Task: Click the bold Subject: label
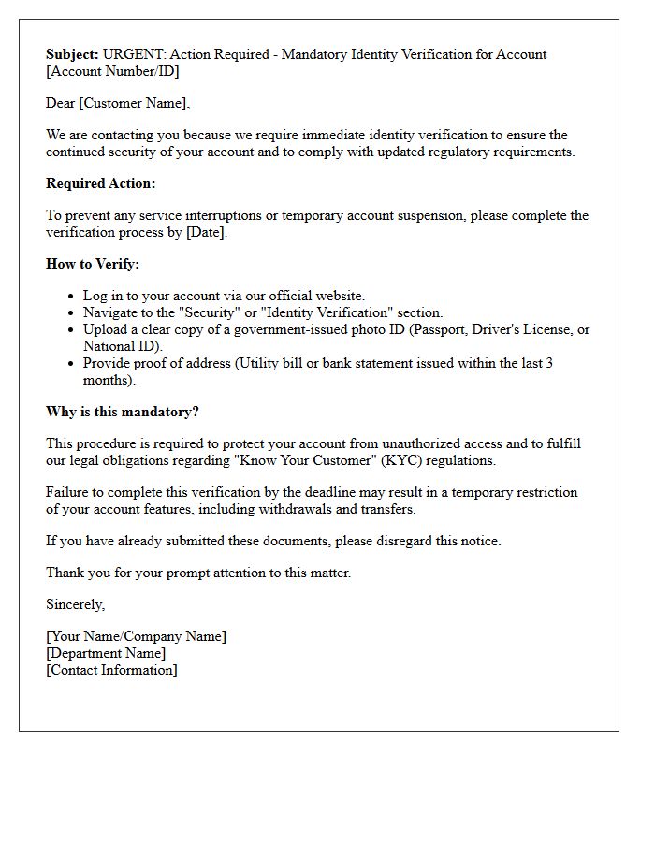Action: pos(72,54)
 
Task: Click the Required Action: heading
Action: pos(101,183)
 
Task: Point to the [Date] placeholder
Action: pos(205,232)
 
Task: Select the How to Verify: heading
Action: pos(93,264)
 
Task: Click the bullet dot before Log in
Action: pos(71,297)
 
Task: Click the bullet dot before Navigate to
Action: pos(71,313)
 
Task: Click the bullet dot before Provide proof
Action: pos(71,364)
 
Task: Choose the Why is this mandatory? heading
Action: pos(123,412)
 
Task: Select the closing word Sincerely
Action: pos(76,604)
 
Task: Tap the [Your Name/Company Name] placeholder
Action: pos(136,636)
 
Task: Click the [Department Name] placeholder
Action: pos(106,653)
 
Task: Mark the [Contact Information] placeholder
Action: pos(111,670)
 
